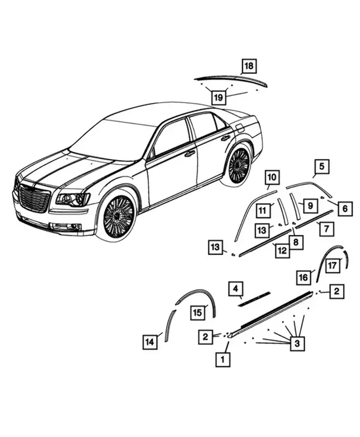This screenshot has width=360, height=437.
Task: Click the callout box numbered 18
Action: click(x=249, y=66)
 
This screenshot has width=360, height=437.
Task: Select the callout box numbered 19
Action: click(x=219, y=97)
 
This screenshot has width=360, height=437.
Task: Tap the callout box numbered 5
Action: click(x=322, y=166)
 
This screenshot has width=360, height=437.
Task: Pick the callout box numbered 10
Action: click(x=272, y=177)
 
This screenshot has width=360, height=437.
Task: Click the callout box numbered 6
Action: click(x=345, y=208)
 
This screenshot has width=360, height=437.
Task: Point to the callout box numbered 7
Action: click(x=326, y=229)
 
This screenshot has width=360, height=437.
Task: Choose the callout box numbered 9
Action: click(x=310, y=205)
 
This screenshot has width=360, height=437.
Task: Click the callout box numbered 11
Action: click(x=263, y=211)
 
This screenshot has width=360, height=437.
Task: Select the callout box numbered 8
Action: click(x=296, y=242)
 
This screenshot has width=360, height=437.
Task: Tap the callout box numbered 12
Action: click(x=282, y=250)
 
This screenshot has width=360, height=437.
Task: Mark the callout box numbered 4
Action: click(x=236, y=289)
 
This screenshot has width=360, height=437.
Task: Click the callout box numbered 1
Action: click(x=223, y=359)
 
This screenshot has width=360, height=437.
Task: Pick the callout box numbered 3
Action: click(x=297, y=343)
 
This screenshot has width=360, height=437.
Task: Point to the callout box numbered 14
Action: click(x=150, y=342)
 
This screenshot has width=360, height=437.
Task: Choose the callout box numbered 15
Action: click(x=198, y=312)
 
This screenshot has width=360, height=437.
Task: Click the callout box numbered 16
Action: click(x=303, y=278)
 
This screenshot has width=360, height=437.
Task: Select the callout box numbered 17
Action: click(x=332, y=266)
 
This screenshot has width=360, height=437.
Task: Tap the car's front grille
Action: click(x=34, y=199)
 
